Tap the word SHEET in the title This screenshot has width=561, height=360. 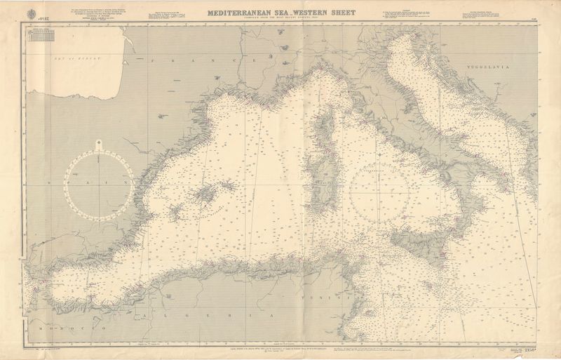coord(339,12)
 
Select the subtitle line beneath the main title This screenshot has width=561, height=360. coord(280,18)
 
